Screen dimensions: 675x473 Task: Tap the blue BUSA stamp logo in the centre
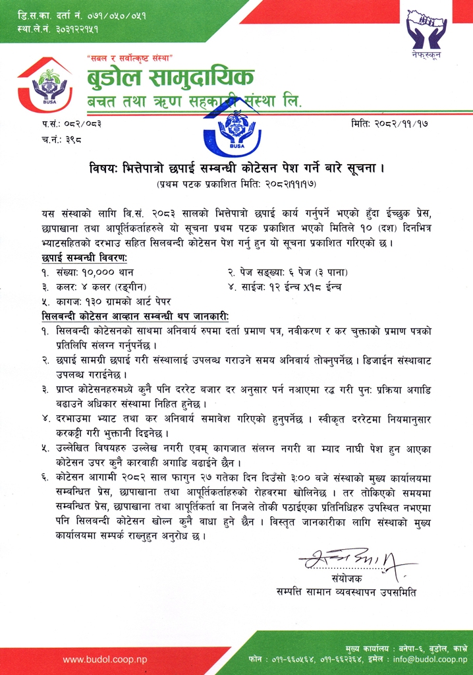pyautogui.click(x=232, y=131)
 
